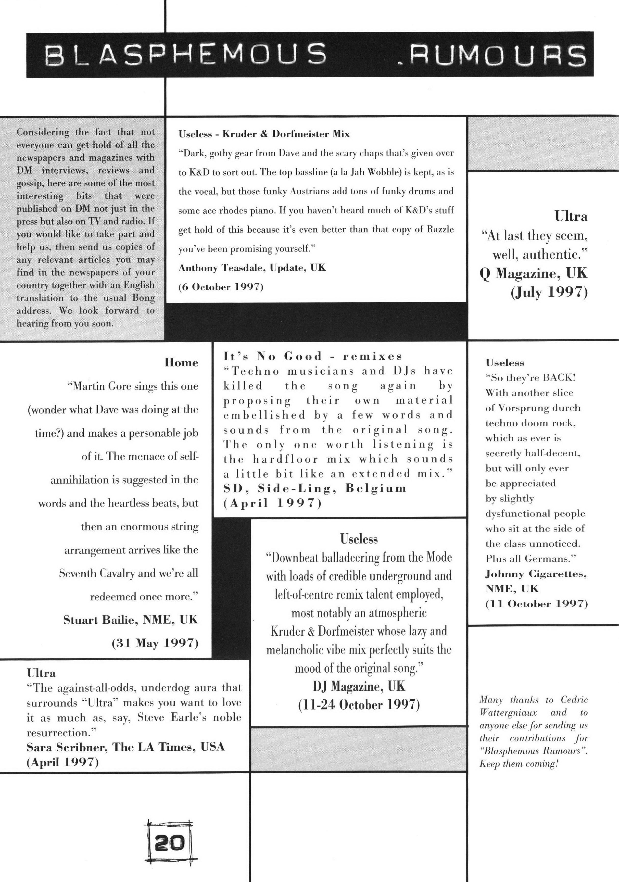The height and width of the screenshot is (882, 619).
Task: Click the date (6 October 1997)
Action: tap(221, 287)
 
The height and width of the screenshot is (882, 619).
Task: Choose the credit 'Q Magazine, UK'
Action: tap(533, 273)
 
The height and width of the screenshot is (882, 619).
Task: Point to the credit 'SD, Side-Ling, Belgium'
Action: tap(315, 488)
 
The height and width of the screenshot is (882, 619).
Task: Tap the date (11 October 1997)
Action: tap(536, 604)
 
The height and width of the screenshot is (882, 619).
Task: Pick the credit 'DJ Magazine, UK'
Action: tap(359, 686)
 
